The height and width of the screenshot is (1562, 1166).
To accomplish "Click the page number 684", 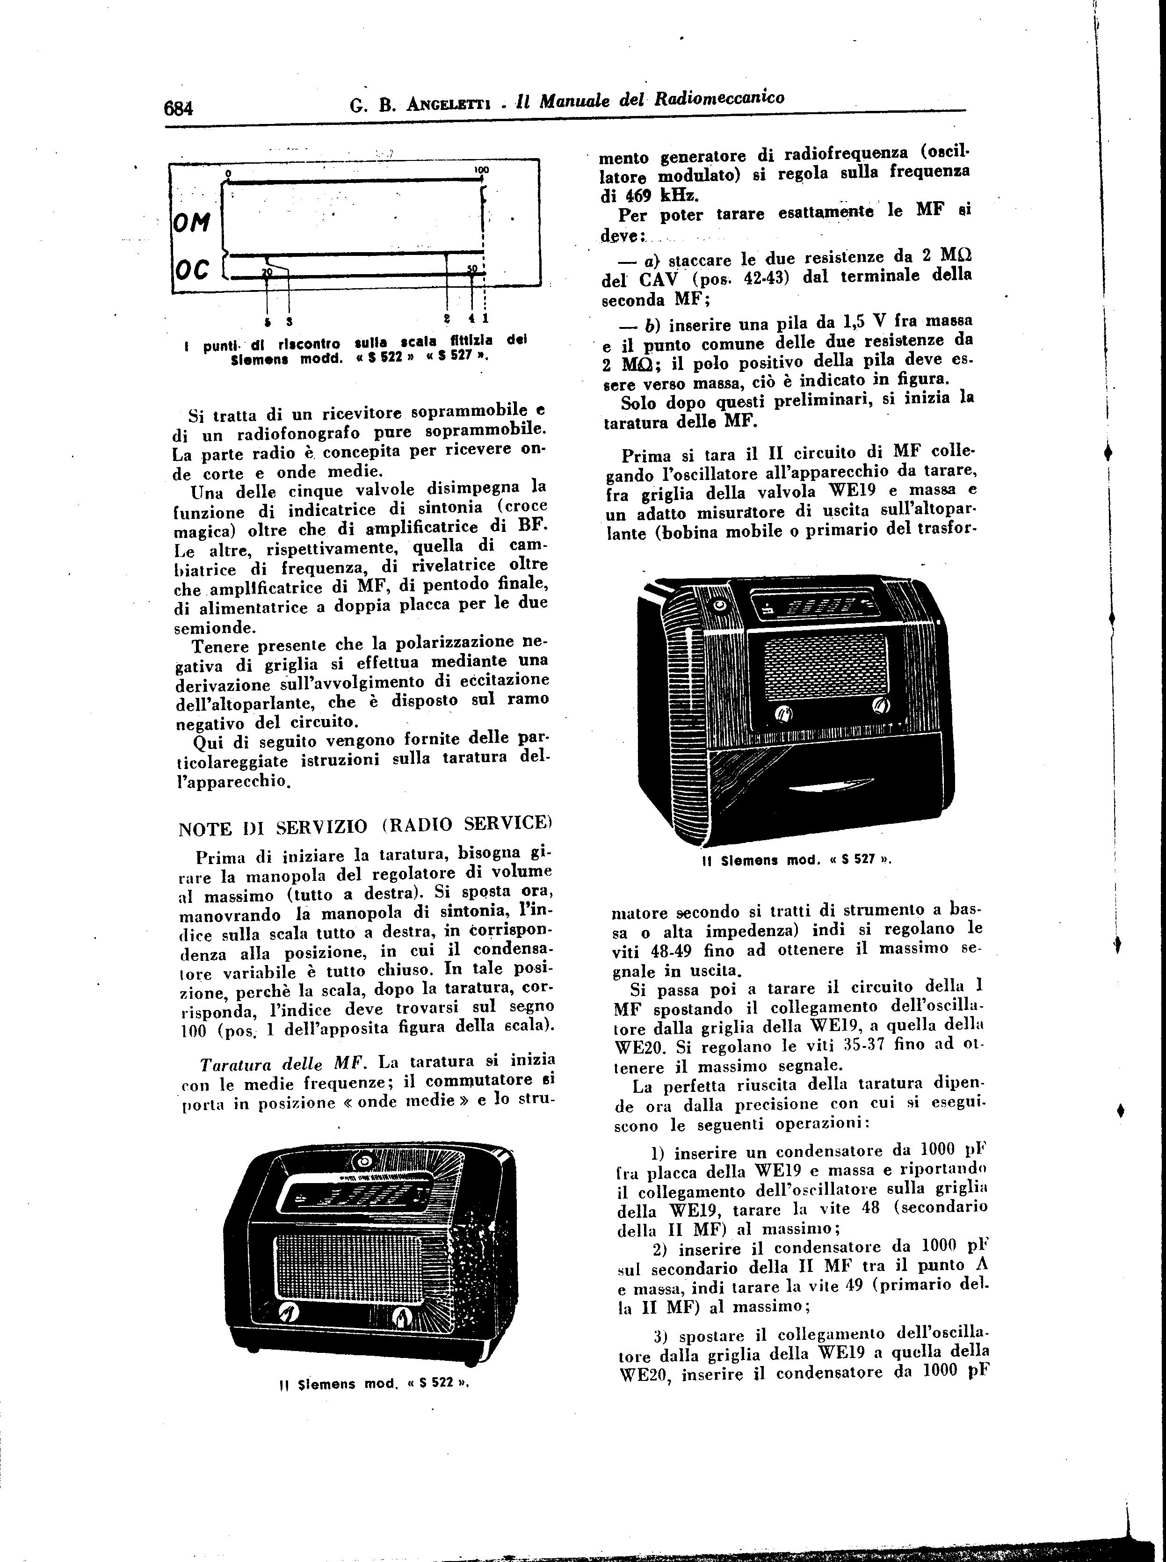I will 179,108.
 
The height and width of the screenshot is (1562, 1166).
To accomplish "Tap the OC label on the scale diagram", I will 191,269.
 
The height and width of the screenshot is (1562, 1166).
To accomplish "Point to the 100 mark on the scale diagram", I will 483,171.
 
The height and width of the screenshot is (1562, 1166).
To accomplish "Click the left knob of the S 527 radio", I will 783,715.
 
